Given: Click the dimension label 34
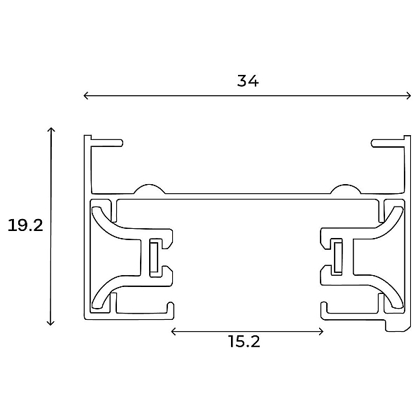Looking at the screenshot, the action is coord(248,81).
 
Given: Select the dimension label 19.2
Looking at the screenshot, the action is coord(25,225).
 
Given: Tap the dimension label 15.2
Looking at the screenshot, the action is coord(244,342).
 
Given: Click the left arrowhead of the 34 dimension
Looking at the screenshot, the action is coord(85,96).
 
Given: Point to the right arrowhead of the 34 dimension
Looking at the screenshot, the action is coord(409,96).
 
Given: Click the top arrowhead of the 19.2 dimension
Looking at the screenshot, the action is coord(51,130).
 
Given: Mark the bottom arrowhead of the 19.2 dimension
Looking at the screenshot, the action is coord(50,323).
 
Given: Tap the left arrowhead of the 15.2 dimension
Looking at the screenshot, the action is coord(174,332).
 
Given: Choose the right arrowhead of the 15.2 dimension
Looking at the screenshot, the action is coord(321,332).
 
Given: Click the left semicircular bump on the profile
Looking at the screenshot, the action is coord(150,188).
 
